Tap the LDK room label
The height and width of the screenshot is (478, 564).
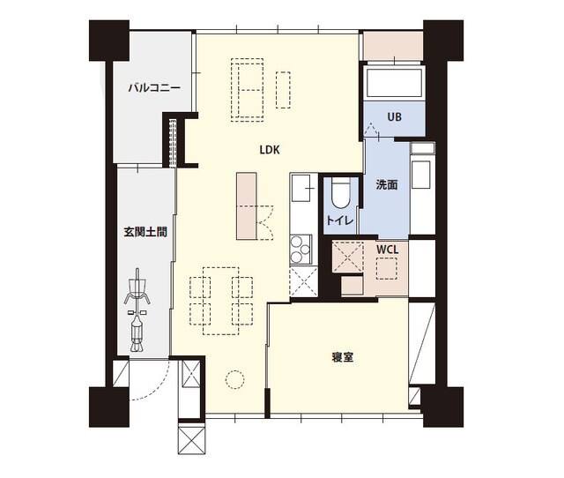tap(269, 150)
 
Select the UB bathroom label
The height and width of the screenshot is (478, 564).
tap(394, 117)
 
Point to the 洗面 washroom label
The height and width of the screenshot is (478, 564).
tap(387, 185)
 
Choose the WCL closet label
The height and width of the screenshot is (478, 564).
tap(388, 250)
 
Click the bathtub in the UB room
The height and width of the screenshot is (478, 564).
tap(395, 85)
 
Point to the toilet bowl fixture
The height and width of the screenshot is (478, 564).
tap(340, 191)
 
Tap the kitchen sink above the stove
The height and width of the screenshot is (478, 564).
tap(301, 187)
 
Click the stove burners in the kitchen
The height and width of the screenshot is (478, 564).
tap(301, 249)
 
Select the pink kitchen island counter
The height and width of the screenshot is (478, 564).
tap(246, 205)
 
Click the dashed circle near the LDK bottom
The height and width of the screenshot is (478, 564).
tap(234, 379)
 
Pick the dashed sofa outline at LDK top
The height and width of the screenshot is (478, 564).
tap(249, 88)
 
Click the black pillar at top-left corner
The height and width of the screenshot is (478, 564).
tap(108, 40)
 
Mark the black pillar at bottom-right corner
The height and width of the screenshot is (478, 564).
tap(444, 406)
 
